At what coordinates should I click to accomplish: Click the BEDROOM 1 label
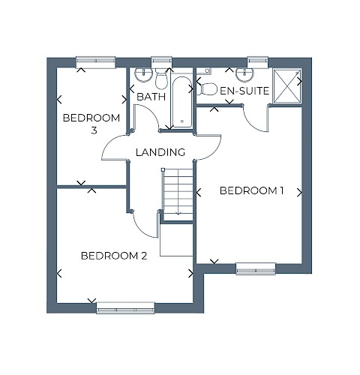click(251, 190)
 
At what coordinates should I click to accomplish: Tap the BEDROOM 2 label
click(114, 256)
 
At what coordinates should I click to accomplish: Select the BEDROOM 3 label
click(91, 124)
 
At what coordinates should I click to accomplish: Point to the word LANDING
click(160, 152)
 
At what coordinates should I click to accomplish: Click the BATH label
click(151, 97)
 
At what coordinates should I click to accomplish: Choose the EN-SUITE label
click(244, 91)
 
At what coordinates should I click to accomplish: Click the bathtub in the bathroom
click(182, 102)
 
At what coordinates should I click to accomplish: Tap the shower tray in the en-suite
click(287, 86)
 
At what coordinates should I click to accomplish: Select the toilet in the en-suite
click(207, 88)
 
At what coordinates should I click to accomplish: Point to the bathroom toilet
click(161, 79)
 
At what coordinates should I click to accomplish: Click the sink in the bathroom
click(144, 75)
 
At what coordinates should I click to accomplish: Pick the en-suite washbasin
click(245, 75)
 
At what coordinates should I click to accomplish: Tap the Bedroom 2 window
click(125, 307)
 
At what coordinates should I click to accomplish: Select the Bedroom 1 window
click(256, 268)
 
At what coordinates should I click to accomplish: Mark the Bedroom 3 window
click(95, 62)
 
